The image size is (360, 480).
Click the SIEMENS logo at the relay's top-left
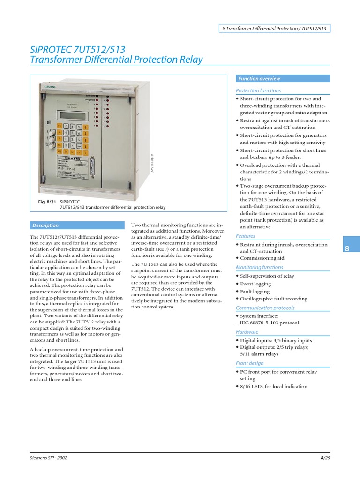point(50,87)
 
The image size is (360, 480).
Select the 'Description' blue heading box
point(45,225)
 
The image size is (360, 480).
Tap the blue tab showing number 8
point(347,248)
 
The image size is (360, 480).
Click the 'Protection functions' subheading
point(258,90)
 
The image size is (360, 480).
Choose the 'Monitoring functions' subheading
point(259,267)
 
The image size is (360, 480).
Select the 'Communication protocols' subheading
point(265,308)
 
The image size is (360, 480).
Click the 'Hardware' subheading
point(247,332)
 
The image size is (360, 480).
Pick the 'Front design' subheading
point(250,363)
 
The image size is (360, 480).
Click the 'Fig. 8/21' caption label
point(47,201)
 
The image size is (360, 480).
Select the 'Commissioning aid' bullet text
point(262,258)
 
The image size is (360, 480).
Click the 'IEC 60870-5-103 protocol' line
point(269,323)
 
